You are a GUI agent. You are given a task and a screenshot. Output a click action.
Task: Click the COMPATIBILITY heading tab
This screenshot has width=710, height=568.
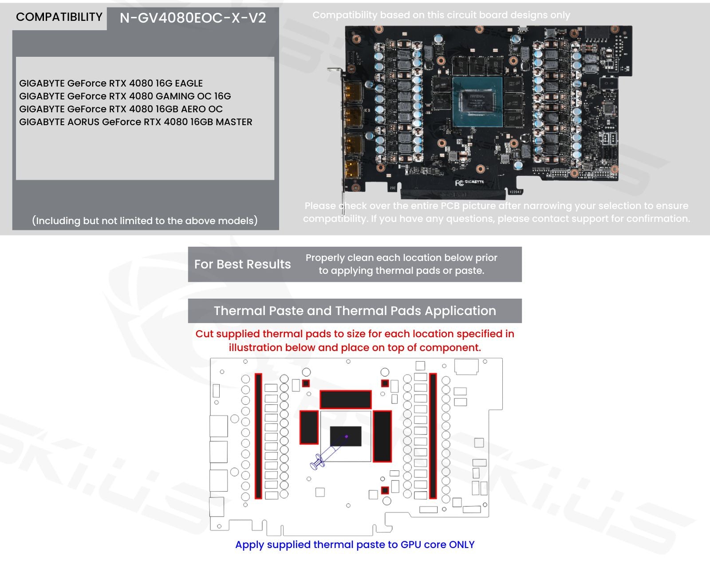tap(59, 17)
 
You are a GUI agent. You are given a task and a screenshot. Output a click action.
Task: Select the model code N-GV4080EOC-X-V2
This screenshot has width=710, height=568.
tap(193, 18)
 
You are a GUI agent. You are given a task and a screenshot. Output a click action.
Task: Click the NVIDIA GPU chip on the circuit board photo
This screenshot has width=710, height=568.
tap(477, 101)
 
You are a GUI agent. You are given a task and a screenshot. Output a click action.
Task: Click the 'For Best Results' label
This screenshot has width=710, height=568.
tap(242, 264)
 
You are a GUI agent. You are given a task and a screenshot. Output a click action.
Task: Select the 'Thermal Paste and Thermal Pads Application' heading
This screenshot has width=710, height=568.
tap(355, 311)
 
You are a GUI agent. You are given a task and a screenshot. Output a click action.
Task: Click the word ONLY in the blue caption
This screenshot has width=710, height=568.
tap(461, 545)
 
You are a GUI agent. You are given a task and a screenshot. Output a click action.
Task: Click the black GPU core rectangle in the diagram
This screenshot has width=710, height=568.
tap(346, 436)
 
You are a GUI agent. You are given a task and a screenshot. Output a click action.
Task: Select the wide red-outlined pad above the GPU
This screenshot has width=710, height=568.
tap(345, 400)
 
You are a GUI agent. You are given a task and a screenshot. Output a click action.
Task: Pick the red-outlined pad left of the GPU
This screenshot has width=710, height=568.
tap(309, 427)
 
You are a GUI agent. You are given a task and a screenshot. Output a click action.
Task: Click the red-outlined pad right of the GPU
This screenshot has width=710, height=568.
tap(382, 436)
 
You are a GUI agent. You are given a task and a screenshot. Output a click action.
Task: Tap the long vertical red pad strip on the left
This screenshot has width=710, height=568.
tap(258, 436)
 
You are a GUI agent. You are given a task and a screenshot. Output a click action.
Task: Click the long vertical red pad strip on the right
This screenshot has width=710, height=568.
tap(433, 436)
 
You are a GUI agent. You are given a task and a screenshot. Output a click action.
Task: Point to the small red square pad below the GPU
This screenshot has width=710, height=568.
tap(385, 490)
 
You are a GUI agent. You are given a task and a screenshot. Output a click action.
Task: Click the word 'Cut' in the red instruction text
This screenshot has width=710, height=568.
tap(204, 334)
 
